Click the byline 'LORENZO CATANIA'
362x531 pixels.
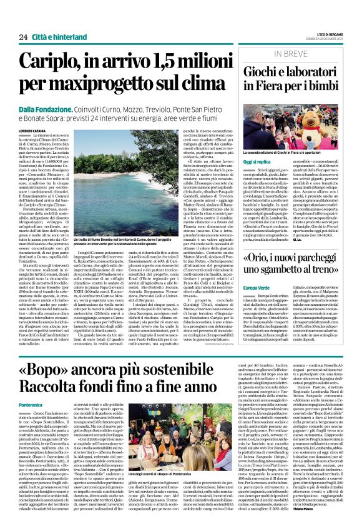pyautogui.click(x=32, y=131)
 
